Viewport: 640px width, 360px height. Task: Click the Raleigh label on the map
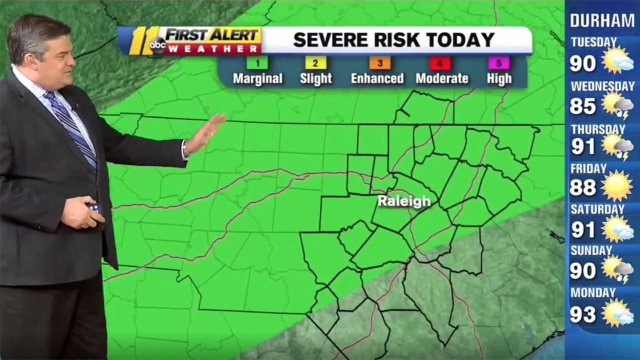point(403,201)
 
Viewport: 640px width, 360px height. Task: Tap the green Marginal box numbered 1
point(257,63)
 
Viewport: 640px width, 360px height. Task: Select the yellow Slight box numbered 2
point(315,63)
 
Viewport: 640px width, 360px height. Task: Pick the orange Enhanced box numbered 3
point(380,63)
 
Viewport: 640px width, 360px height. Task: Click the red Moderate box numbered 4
point(440,63)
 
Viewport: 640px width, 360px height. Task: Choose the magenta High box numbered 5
point(499,63)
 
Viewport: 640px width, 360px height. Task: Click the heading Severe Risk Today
point(393,40)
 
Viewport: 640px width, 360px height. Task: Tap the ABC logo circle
point(158,45)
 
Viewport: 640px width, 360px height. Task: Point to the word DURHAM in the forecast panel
point(602,20)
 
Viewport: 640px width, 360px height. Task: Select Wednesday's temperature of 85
point(583,106)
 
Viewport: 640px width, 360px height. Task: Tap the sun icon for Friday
point(617,185)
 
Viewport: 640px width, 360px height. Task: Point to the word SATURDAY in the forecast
point(597,209)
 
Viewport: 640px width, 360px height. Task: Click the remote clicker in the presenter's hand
point(95,207)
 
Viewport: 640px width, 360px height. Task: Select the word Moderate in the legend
point(442,78)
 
